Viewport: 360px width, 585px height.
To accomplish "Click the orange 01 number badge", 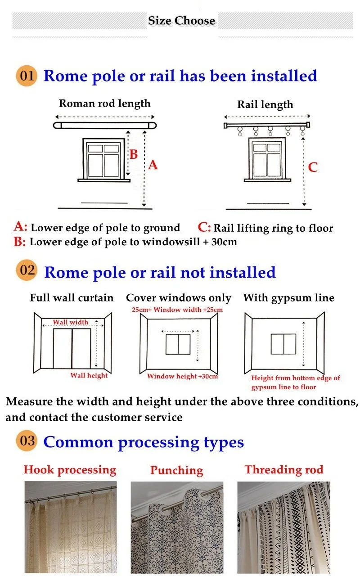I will [x=27, y=75].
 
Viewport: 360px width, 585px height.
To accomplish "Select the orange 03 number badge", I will [x=27, y=441].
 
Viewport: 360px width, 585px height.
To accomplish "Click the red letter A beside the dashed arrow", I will [x=153, y=165].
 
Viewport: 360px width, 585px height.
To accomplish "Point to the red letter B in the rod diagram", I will [x=134, y=154].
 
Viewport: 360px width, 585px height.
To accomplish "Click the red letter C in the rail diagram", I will [x=313, y=167].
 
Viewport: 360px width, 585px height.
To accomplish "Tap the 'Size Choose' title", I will [x=181, y=21].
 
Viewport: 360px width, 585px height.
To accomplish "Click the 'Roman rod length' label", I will [x=104, y=103].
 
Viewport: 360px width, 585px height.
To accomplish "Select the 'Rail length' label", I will [x=265, y=105].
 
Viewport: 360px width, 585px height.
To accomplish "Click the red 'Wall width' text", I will [x=71, y=322].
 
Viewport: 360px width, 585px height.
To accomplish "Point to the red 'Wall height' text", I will [x=89, y=375].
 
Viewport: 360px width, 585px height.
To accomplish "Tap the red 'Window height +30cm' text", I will [x=182, y=376].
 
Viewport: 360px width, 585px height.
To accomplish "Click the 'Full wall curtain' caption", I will [x=72, y=298].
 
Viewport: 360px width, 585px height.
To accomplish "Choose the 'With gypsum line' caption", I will [x=288, y=298].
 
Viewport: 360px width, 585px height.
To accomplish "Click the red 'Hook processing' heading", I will [x=70, y=470].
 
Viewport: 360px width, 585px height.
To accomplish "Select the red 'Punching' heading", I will [x=176, y=470].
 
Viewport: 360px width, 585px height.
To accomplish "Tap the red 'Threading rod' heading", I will [x=284, y=470].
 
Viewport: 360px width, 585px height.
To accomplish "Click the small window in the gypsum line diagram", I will [x=283, y=344].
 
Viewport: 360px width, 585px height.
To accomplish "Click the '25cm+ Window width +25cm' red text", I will [x=177, y=310].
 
